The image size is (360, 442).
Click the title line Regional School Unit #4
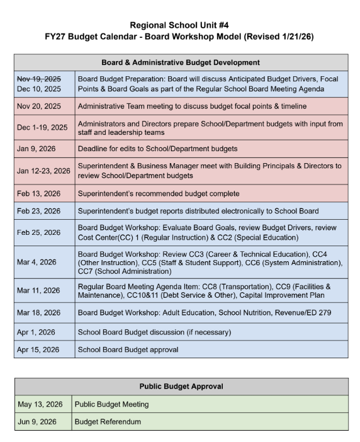[179, 25]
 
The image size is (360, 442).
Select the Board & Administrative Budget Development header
[181, 62]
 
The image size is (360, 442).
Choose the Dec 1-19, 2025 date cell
[42, 127]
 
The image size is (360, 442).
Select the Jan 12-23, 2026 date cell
[43, 171]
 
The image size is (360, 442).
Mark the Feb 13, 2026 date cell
[38, 193]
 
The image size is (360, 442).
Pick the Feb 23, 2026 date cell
[38, 211]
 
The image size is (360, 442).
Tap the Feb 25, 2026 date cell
[38, 232]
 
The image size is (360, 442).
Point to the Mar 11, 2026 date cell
[38, 291]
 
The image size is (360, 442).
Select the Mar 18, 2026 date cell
[38, 312]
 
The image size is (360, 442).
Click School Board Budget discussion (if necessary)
[155, 332]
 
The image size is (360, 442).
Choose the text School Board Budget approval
[128, 349]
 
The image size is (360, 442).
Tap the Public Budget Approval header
[181, 386]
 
